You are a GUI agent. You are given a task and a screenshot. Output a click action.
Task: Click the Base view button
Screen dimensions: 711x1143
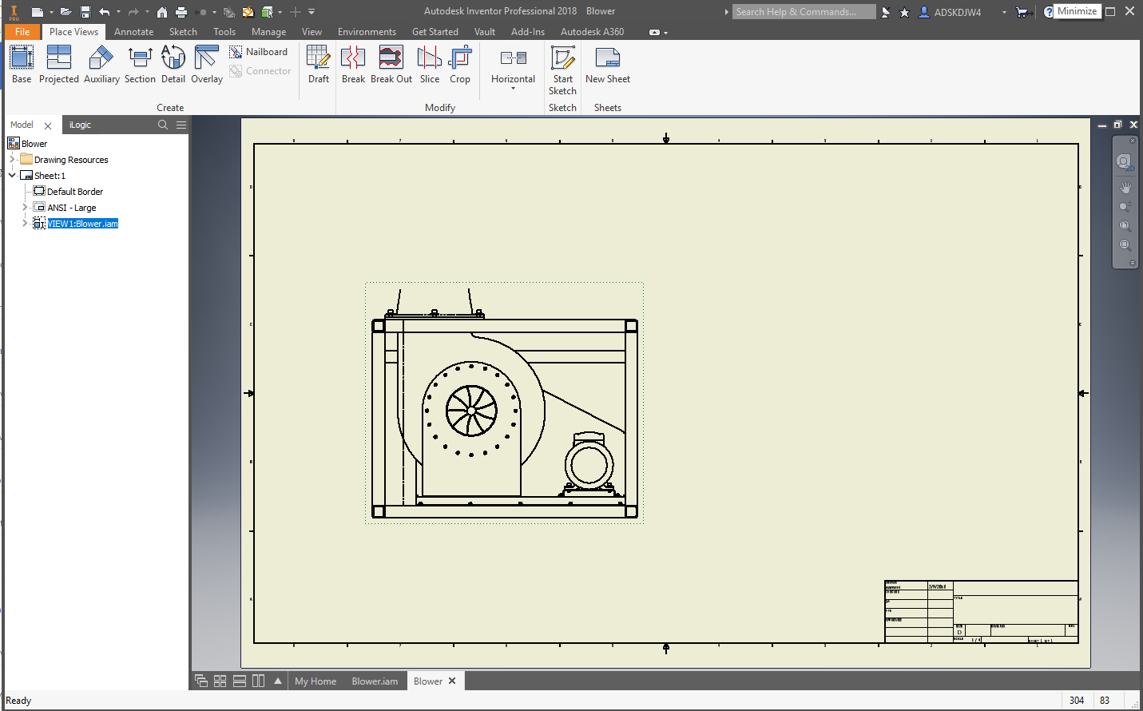22,64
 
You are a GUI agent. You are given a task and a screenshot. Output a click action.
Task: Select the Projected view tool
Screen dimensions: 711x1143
59,64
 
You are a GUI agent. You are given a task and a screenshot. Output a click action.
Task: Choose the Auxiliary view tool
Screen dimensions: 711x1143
101,64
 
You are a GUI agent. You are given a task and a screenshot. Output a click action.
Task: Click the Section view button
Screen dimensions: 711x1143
140,64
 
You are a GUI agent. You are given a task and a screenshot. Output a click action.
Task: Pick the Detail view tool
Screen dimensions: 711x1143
173,64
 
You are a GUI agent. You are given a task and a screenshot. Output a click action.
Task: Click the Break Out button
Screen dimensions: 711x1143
391,64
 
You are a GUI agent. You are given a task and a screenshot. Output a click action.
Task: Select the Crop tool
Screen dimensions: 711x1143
460,64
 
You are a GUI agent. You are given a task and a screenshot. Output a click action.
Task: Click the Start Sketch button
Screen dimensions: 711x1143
562,69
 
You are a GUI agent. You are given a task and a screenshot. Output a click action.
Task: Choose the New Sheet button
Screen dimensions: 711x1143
608,64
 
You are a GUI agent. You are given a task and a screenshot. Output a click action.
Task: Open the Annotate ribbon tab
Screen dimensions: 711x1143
133,32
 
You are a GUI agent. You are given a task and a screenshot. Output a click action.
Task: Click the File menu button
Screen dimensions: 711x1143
22,32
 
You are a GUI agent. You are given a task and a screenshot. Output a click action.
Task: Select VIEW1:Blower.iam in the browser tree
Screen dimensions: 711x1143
82,224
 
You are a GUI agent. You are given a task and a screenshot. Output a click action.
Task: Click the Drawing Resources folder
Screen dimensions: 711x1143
70,160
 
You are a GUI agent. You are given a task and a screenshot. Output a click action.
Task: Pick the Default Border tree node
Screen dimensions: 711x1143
74,192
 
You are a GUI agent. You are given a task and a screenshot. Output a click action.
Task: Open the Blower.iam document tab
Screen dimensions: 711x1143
375,681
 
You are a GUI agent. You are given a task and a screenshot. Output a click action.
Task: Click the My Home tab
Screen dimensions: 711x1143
316,681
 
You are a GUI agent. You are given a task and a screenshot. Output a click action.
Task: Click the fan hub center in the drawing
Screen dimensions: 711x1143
471,411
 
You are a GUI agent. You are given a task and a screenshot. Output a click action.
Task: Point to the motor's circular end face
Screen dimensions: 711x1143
589,464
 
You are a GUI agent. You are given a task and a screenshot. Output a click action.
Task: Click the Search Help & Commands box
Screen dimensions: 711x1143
804,12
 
